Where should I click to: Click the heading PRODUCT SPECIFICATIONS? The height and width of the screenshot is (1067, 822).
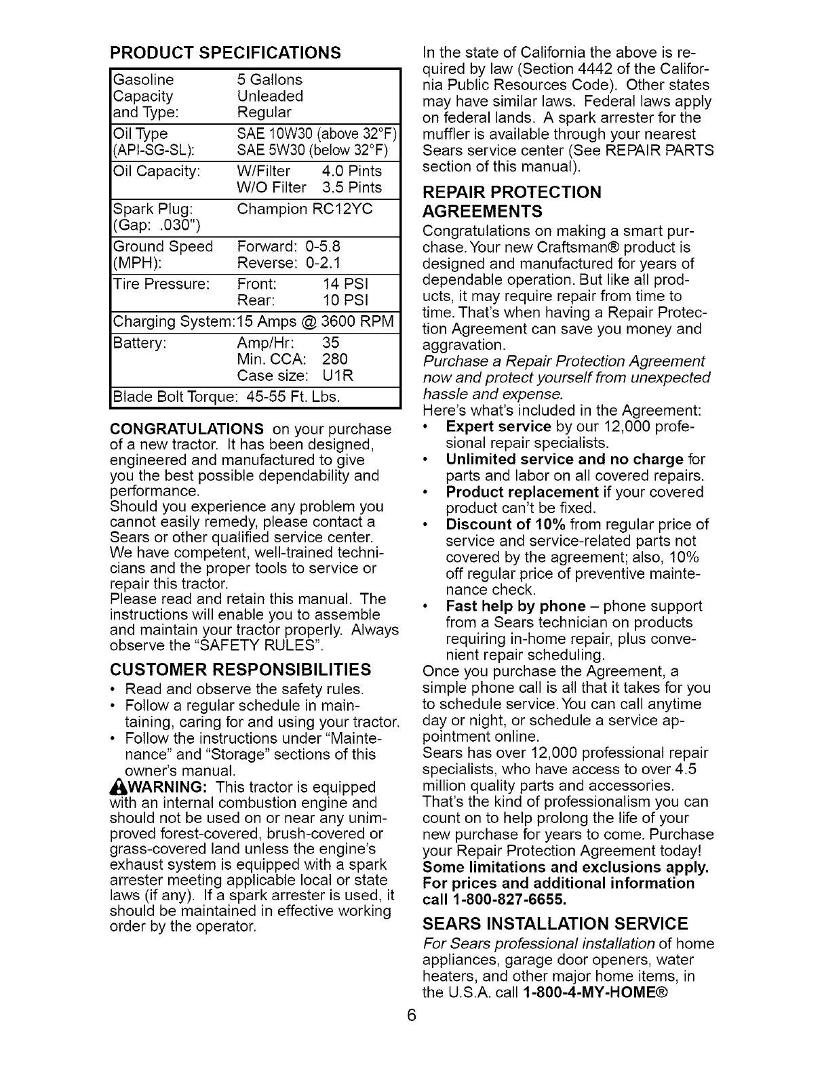click(x=225, y=53)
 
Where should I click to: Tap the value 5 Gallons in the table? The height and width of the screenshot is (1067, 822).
click(x=270, y=80)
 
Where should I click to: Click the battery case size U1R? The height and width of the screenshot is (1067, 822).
click(x=338, y=376)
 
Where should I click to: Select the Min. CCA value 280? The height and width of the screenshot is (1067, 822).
click(x=335, y=359)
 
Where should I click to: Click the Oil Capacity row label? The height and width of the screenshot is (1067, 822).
click(x=157, y=171)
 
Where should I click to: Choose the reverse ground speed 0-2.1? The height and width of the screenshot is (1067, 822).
click(x=323, y=262)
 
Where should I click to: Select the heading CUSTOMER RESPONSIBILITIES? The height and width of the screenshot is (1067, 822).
click(x=241, y=670)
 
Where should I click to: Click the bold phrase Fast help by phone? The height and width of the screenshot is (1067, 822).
click(x=515, y=606)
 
